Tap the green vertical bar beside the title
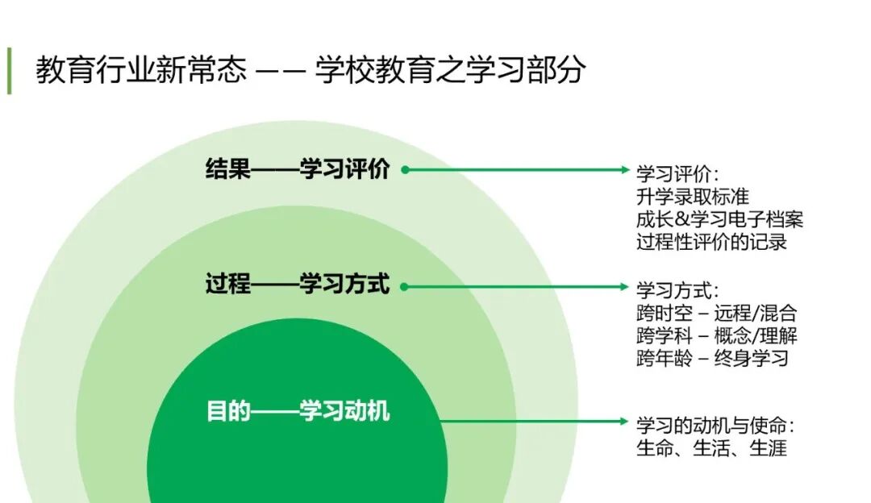tap(10, 71)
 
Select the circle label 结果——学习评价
tap(298, 170)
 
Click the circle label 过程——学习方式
tap(298, 285)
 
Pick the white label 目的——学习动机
tap(298, 412)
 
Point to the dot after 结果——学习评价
tap(405, 170)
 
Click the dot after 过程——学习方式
tap(405, 286)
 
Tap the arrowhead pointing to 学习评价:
tap(623, 170)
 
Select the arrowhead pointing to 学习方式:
tap(623, 286)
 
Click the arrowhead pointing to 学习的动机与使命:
tap(623, 421)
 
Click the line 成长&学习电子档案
tap(719, 219)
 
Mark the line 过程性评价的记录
tap(711, 242)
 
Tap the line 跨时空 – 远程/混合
tap(716, 313)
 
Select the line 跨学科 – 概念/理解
tap(716, 335)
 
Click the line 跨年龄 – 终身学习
tap(711, 358)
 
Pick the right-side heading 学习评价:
tap(677, 174)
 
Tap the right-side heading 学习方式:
tap(677, 290)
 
